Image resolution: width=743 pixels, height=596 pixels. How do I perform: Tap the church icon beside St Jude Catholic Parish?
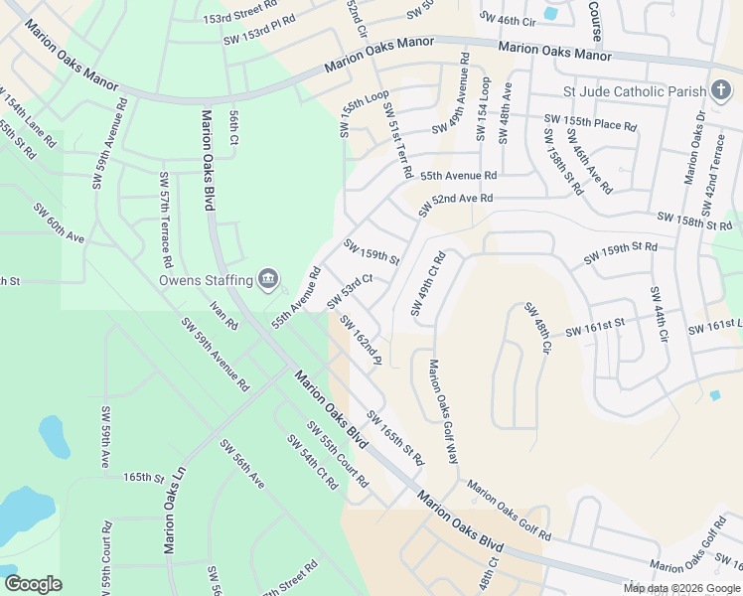pyautogui.click(x=721, y=91)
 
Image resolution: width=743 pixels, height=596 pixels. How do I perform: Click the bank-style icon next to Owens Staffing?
pyautogui.click(x=267, y=281)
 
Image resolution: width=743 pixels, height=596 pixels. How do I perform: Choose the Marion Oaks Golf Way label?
pyautogui.click(x=442, y=410)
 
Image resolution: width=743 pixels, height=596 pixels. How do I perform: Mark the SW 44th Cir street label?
pyautogui.click(x=659, y=315)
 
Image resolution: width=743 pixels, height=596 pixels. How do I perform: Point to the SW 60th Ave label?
pyautogui.click(x=59, y=223)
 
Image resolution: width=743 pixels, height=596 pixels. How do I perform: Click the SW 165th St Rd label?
pyautogui.click(x=394, y=438)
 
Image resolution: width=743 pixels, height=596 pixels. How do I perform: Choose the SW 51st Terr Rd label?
pyautogui.click(x=396, y=140)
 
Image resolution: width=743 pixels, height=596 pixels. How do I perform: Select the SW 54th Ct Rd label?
pyautogui.click(x=313, y=462)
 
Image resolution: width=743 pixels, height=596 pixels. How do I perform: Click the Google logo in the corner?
pyautogui.click(x=33, y=584)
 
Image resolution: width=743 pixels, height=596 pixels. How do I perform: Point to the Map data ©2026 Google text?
pyautogui.click(x=680, y=587)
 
